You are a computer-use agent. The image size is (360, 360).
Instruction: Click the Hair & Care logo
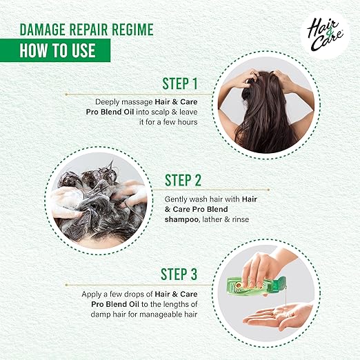(325, 35)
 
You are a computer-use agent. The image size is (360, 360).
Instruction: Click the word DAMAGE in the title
(43, 29)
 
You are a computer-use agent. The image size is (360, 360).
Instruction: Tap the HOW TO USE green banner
(55, 50)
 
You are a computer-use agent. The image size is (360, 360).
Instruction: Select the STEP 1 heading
(180, 83)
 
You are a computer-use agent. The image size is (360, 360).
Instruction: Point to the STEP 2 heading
(183, 180)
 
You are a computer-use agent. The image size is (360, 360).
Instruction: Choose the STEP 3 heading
(179, 274)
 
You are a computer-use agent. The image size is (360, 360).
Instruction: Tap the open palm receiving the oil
(277, 316)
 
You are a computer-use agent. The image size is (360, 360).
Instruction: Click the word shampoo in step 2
(181, 219)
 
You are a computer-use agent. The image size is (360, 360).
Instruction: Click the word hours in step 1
(188, 122)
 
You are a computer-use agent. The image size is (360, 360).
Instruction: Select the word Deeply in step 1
(108, 102)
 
